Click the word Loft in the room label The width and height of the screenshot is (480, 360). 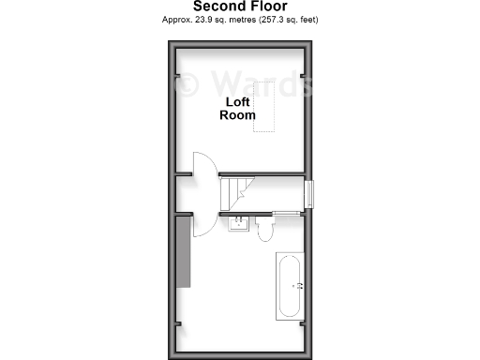pyautogui.click(x=238, y=101)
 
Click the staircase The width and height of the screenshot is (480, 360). pyautogui.click(x=236, y=193)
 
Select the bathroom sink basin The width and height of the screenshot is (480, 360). pyautogui.click(x=241, y=224)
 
